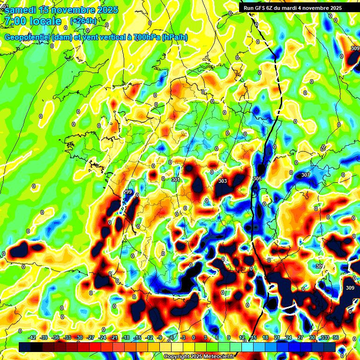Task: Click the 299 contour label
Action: [x=127, y=192]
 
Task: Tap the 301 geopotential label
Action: [x=176, y=180]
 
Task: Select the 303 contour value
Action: [x=223, y=181]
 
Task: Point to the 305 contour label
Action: [x=257, y=179]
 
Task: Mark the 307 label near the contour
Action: [x=305, y=175]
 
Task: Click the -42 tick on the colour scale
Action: [x=32, y=337]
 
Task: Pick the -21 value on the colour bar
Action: [x=114, y=337]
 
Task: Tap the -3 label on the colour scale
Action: [x=183, y=337]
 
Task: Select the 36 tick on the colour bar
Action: [x=336, y=337]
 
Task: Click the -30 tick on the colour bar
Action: [x=79, y=337]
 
